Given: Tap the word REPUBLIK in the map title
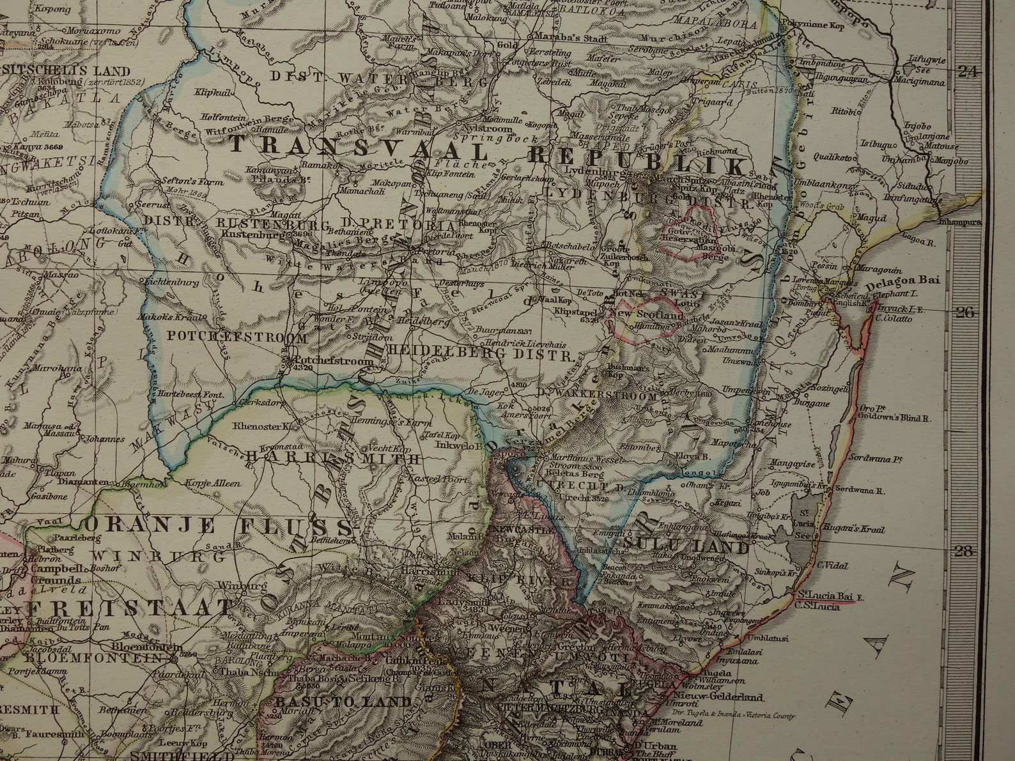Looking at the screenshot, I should [x=638, y=159].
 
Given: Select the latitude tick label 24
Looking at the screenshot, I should [x=968, y=72].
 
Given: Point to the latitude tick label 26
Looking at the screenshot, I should [x=966, y=312].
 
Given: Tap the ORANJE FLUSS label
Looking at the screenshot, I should [x=219, y=526].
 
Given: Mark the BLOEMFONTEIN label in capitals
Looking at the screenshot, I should [x=79, y=657].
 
